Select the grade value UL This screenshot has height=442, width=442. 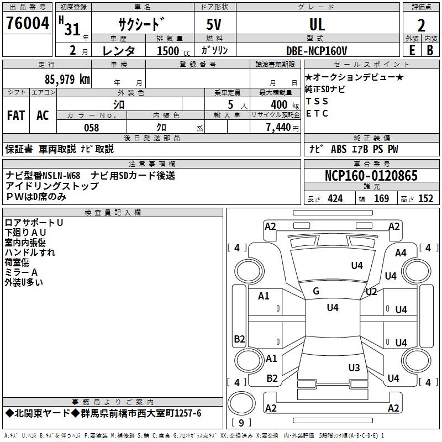(x=317, y=24)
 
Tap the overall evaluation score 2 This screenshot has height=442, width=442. (x=421, y=25)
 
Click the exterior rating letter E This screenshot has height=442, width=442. (x=412, y=50)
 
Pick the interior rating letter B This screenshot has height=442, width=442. (x=430, y=50)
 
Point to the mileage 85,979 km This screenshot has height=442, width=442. (x=67, y=79)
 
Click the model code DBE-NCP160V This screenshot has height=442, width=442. (x=317, y=50)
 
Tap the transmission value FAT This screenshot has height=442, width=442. (x=15, y=115)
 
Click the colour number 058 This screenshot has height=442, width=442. (x=91, y=128)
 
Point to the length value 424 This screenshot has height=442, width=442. (x=335, y=199)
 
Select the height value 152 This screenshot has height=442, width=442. (x=425, y=199)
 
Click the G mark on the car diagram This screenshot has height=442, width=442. (x=316, y=291)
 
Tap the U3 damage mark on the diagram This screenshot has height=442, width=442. (x=354, y=367)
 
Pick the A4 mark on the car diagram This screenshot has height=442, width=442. (x=401, y=253)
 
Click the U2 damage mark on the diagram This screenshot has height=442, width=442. (x=371, y=291)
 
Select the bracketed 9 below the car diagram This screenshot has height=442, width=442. (x=242, y=423)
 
